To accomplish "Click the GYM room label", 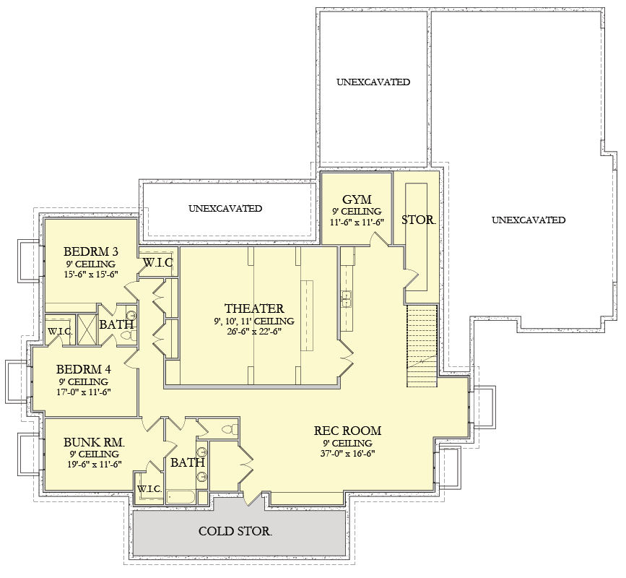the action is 357,199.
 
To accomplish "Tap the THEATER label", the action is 254,309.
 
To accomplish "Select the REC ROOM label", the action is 347,431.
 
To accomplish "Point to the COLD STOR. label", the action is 235,531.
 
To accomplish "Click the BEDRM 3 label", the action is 91,251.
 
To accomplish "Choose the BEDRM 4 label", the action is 84,369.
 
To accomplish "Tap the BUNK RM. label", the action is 94,442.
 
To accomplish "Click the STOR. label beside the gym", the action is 418,220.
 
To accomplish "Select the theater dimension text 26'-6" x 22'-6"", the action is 255,331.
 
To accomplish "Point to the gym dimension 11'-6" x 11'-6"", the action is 357,222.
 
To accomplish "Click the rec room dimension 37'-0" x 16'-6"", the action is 348,454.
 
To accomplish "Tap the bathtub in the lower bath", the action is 181,497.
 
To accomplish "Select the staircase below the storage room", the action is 422,346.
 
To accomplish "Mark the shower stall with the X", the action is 87,329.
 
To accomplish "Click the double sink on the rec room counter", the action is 346,300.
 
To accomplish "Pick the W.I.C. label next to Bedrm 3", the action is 158,262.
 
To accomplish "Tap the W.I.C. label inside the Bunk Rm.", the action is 149,489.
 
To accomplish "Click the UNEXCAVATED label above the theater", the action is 225,209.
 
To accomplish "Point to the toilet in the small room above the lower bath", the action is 230,430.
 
